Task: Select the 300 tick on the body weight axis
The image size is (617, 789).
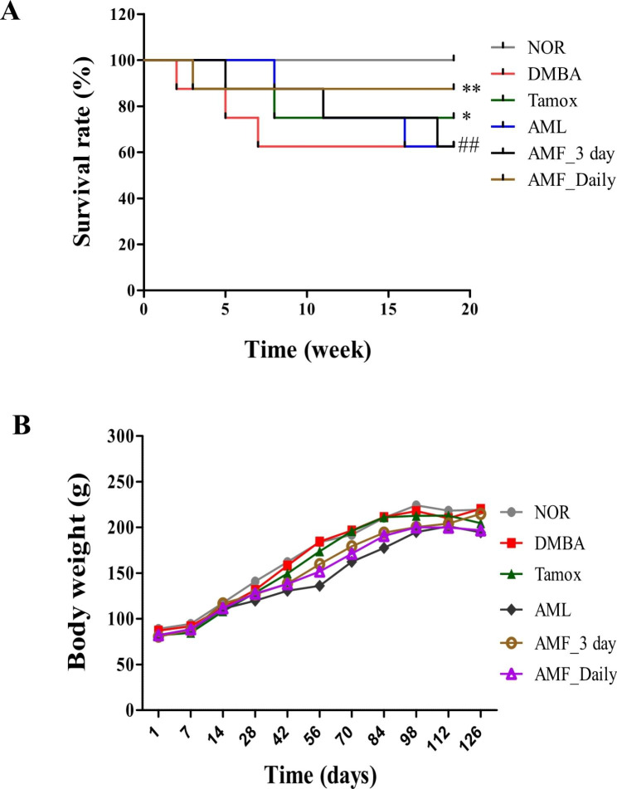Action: (x=120, y=436)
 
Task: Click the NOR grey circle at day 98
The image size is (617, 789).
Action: (x=415, y=505)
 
